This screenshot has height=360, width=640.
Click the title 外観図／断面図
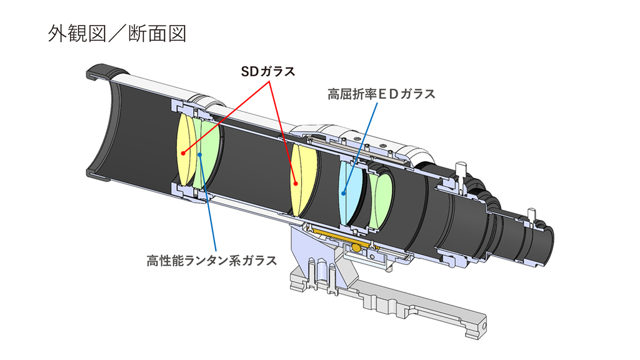[117, 34]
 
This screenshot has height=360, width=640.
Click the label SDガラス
[267, 72]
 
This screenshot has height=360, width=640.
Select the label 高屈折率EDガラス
[381, 94]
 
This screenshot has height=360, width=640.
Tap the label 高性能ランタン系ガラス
[211, 261]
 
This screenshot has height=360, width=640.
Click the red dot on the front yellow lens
[184, 153]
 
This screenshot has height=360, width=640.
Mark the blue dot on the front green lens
[200, 154]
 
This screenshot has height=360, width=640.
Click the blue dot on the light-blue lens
[344, 193]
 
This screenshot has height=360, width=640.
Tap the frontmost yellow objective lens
[185, 150]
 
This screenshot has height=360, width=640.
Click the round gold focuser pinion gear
[356, 247]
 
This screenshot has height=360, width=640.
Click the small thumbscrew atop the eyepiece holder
[460, 169]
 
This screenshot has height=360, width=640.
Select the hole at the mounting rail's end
[484, 326]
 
